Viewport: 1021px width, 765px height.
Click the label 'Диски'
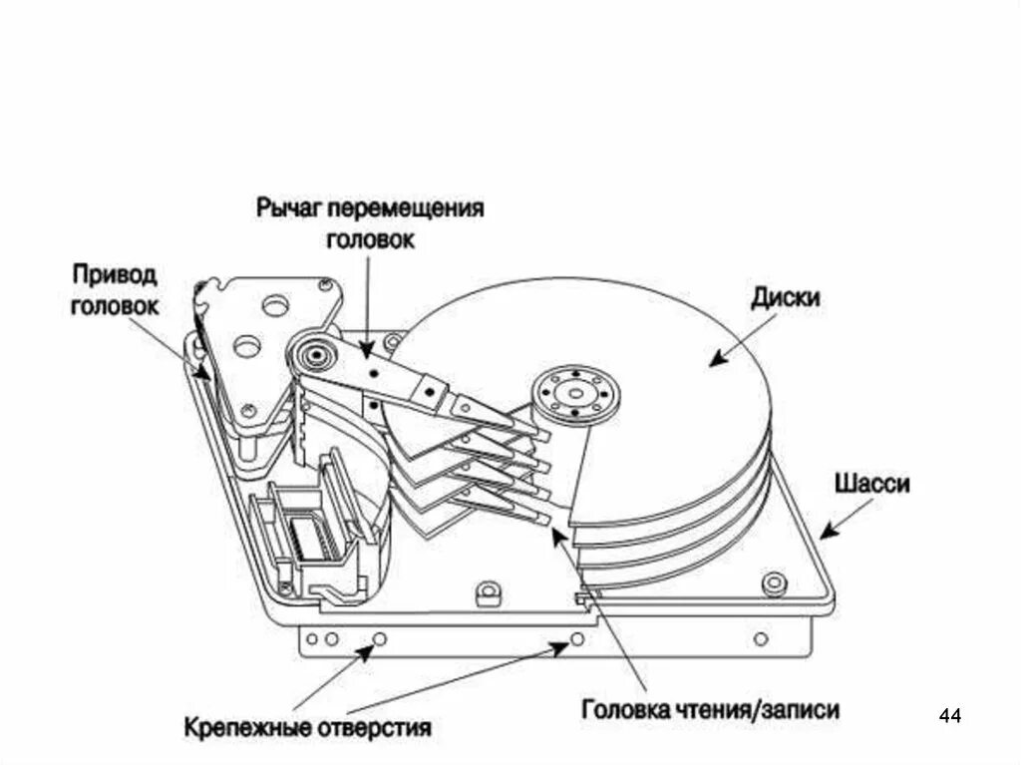(x=786, y=297)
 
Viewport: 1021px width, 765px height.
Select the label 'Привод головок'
(x=114, y=289)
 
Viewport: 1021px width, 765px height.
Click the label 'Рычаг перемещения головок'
(x=369, y=223)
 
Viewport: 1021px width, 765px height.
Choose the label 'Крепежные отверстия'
(x=307, y=726)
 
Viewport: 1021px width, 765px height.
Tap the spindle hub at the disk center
(x=575, y=393)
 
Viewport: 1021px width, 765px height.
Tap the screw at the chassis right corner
(x=770, y=582)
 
